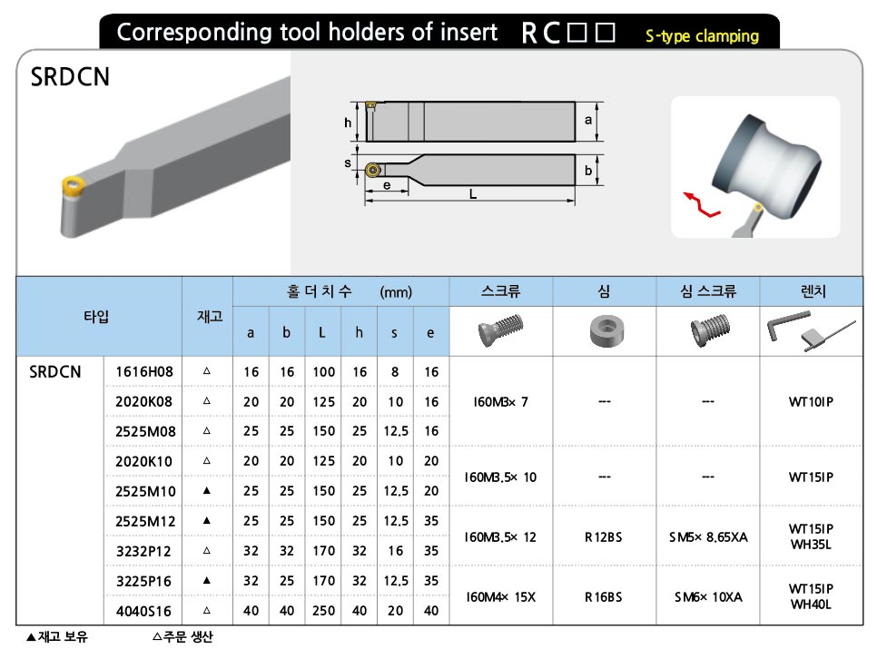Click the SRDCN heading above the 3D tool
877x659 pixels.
pyautogui.click(x=70, y=77)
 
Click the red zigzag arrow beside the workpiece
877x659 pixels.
pyautogui.click(x=702, y=205)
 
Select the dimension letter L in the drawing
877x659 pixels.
pyautogui.click(x=473, y=194)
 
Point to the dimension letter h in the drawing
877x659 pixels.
pyautogui.click(x=348, y=123)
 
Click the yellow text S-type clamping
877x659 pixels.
pyautogui.click(x=702, y=36)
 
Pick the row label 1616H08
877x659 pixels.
pyautogui.click(x=144, y=371)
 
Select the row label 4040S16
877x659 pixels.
pyautogui.click(x=143, y=611)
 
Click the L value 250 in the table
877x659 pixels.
pyautogui.click(x=323, y=610)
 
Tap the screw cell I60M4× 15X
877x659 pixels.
pyautogui.click(x=500, y=597)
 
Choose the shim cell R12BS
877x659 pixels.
pyautogui.click(x=604, y=537)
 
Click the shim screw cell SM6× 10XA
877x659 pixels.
pyautogui.click(x=708, y=597)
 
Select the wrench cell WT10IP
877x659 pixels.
pyautogui.click(x=811, y=401)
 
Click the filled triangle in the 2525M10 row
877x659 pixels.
pyautogui.click(x=207, y=490)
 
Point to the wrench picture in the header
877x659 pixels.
pyautogui.click(x=811, y=331)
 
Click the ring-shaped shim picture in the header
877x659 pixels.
pyautogui.click(x=606, y=330)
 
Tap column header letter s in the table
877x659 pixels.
pyautogui.click(x=394, y=333)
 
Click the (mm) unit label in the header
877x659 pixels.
pyautogui.click(x=396, y=292)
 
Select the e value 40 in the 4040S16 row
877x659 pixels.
pyautogui.click(x=431, y=610)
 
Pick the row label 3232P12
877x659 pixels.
pyautogui.click(x=143, y=551)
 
